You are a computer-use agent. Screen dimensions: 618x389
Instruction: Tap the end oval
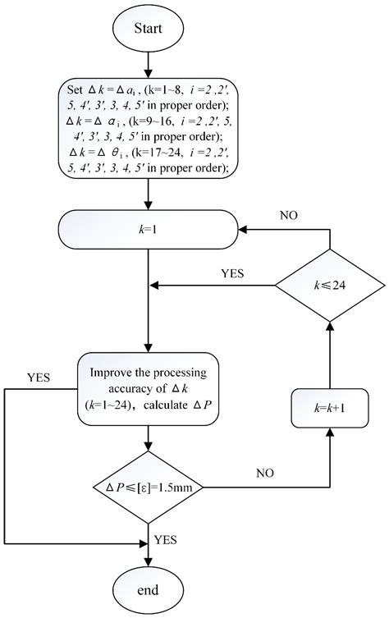148,591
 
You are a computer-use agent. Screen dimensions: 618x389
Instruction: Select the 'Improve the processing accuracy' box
148,388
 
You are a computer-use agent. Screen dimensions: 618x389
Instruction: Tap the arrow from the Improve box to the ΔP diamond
148,437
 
